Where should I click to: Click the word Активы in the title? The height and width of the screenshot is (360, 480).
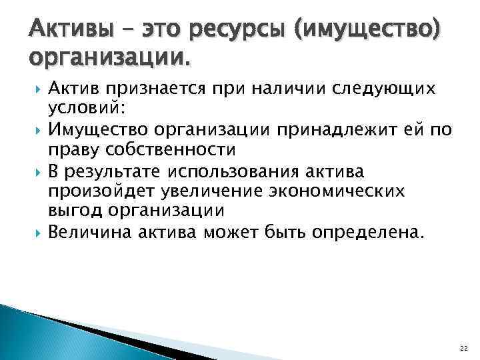click(x=66, y=30)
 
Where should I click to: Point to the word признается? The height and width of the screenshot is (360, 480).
click(x=139, y=89)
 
